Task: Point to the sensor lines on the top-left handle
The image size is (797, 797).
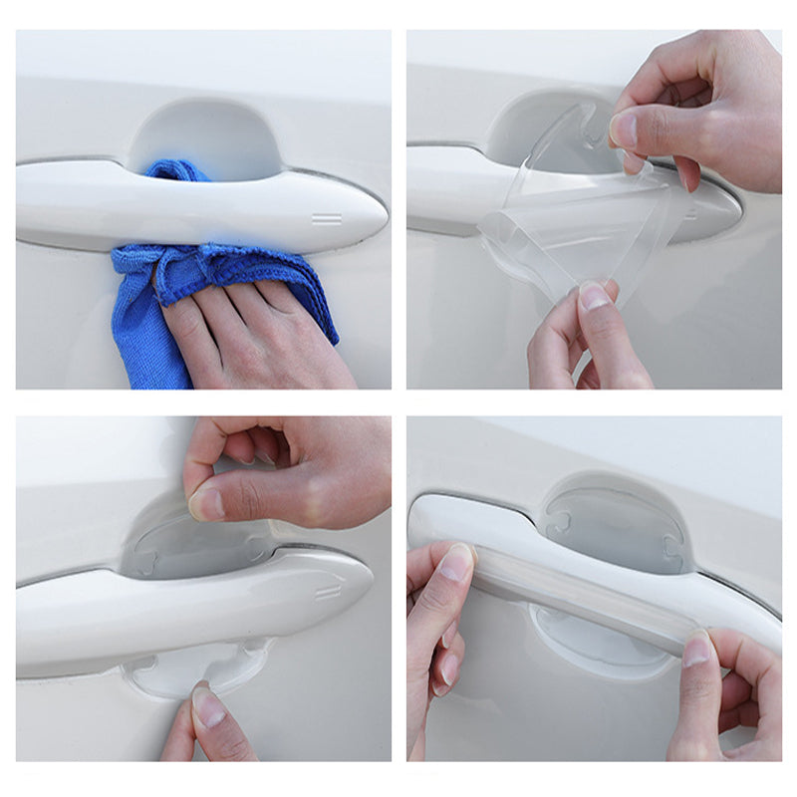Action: coord(327,218)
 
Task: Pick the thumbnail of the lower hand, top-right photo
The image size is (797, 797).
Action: coord(595,297)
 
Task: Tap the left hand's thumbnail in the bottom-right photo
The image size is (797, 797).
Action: coord(456,563)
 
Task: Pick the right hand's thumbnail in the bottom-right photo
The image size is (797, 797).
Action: coord(696,650)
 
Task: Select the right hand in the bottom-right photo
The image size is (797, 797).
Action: coord(732,697)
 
